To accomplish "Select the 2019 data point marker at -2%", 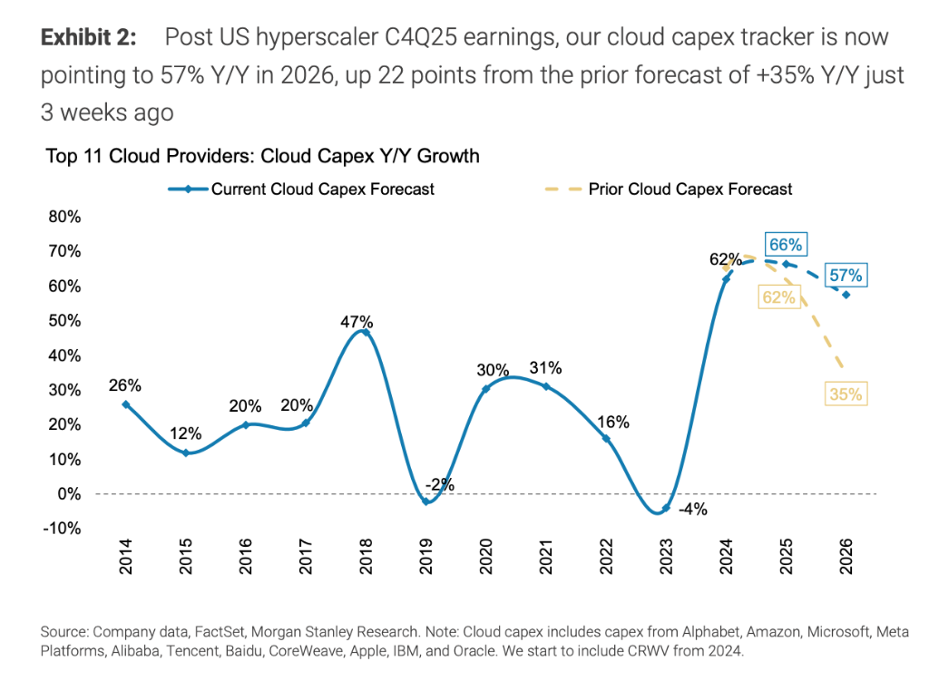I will [425, 501].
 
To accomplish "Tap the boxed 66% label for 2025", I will [785, 245].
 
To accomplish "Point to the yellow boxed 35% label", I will [846, 394].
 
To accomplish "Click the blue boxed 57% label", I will [846, 276].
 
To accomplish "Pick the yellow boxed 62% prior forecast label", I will [778, 296].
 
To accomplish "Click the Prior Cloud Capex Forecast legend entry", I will [689, 190].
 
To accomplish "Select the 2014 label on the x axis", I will [125, 556].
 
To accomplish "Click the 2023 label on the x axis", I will [666, 556].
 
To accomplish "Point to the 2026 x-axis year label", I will [846, 556].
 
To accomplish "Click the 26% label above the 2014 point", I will [125, 386].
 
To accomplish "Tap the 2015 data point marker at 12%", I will [185, 452].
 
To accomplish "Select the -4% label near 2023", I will [692, 510].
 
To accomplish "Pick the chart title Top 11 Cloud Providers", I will [261, 156].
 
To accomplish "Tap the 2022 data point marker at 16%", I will [606, 439].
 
